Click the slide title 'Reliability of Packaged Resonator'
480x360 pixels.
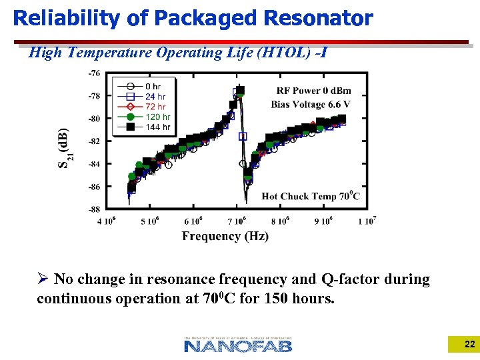click(193, 18)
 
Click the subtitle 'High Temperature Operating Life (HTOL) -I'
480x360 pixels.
click(177, 52)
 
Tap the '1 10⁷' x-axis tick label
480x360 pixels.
click(367, 221)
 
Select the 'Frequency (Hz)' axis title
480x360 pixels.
click(225, 236)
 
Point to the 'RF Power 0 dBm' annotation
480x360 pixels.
click(313, 91)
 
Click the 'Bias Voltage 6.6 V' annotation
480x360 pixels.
click(311, 104)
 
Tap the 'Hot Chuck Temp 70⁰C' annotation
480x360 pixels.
click(311, 196)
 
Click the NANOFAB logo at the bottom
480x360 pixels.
click(238, 345)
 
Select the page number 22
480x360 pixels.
click(469, 345)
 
